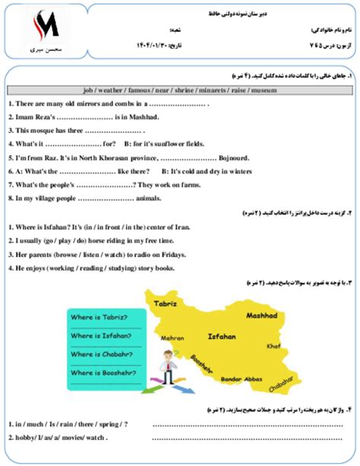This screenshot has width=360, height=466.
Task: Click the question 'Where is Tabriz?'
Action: click(97, 317)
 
